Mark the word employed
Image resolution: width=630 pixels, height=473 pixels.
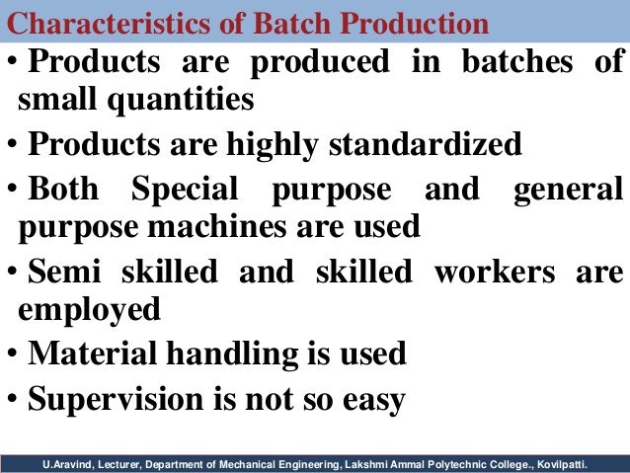pos(89,310)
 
